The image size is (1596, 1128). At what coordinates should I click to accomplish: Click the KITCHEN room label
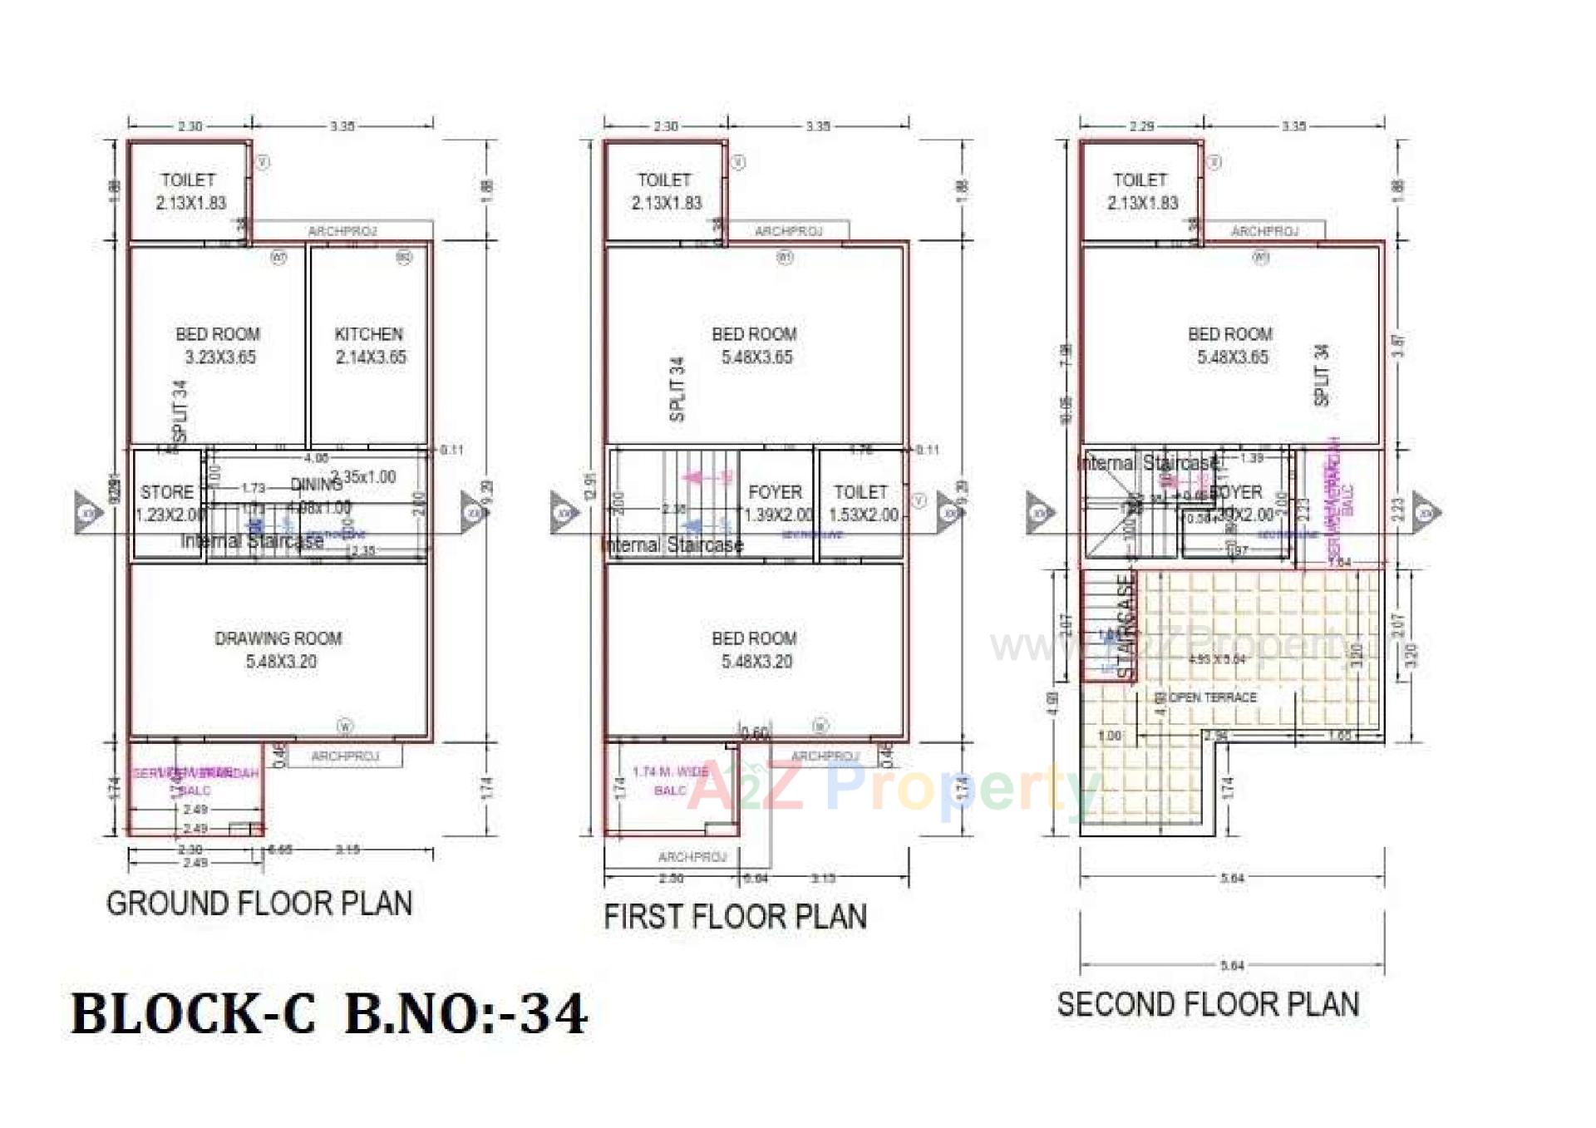pyautogui.click(x=369, y=345)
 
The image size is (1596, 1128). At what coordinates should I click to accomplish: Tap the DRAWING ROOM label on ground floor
pyautogui.click(x=279, y=649)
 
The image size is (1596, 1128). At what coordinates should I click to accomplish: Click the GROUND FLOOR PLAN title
pyautogui.click(x=259, y=904)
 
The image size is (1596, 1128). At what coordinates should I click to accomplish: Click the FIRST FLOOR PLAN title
pyautogui.click(x=735, y=917)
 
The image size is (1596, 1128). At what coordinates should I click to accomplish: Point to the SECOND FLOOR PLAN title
pyautogui.click(x=1208, y=1004)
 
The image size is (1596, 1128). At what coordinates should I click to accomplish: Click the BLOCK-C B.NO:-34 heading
pyautogui.click(x=329, y=1014)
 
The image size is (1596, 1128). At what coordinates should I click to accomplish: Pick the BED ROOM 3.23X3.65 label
pyautogui.click(x=219, y=345)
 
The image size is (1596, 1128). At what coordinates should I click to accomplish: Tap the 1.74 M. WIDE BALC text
pyautogui.click(x=670, y=781)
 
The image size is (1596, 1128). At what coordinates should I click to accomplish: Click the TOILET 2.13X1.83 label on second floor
pyautogui.click(x=1141, y=191)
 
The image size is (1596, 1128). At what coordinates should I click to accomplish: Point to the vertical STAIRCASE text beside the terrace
pyautogui.click(x=1125, y=627)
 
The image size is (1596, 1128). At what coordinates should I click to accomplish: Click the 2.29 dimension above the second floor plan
pyautogui.click(x=1141, y=126)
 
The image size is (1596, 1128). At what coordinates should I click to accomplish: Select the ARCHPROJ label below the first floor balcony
pyautogui.click(x=692, y=856)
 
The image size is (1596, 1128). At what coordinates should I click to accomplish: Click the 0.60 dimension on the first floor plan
pyautogui.click(x=755, y=732)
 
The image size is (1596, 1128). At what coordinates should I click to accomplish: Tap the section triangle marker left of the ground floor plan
pyautogui.click(x=87, y=512)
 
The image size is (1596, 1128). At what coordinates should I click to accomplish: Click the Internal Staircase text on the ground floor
pyautogui.click(x=252, y=541)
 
